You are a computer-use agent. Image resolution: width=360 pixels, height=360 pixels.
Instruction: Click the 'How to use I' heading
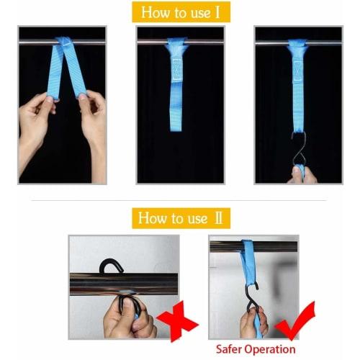[180, 12]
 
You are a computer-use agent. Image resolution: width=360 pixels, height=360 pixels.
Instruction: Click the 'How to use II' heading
[179, 217]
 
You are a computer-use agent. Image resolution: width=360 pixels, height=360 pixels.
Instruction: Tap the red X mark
[176, 321]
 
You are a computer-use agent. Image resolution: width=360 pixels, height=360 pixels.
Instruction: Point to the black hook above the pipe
[112, 268]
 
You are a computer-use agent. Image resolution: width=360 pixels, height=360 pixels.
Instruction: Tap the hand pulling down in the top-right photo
[301, 174]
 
